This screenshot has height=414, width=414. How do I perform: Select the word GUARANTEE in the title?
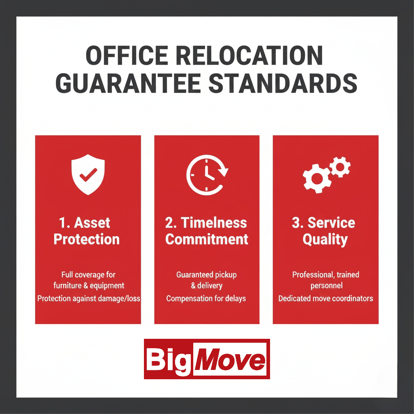pos(128,83)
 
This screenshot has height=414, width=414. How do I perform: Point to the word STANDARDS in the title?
pos(283,83)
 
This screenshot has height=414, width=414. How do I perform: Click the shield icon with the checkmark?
pos(88,175)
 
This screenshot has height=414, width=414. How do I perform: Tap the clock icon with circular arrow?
pos(207,175)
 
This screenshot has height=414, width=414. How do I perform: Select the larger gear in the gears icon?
pos(317,178)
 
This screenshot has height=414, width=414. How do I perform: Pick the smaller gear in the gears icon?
pos(340,167)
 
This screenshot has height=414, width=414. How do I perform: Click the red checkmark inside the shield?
pos(88,175)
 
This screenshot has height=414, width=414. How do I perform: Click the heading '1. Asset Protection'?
pos(87,231)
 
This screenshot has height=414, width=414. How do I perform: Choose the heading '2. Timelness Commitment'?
pos(207,231)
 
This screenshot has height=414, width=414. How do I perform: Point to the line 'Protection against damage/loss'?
pos(89,298)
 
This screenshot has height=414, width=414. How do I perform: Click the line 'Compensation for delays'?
pos(206,298)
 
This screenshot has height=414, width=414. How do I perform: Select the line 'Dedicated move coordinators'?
pos(325,298)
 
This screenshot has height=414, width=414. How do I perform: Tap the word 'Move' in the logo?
pos(230,359)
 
